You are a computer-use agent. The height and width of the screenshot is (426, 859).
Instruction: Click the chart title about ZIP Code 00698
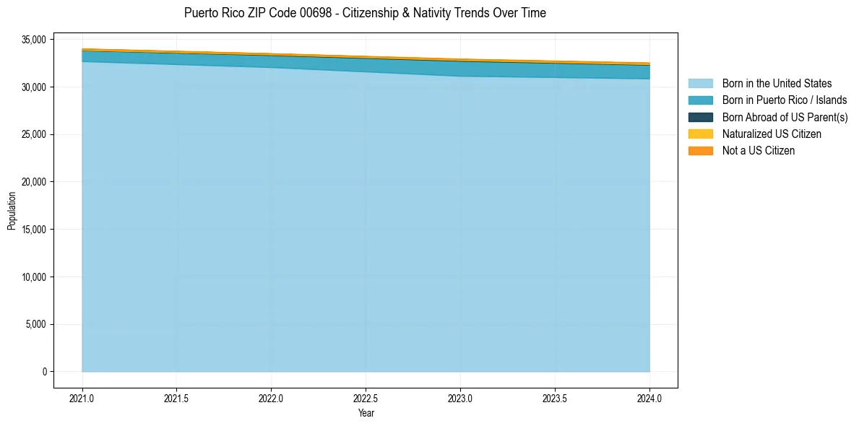365,13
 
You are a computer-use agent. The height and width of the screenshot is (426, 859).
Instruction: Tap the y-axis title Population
12,211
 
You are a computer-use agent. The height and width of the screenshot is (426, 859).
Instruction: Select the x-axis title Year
366,414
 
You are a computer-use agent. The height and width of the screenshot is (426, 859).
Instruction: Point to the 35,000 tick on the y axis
34,39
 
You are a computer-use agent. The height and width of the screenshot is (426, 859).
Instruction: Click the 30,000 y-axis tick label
34,87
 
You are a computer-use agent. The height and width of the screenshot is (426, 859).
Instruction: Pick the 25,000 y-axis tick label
34,134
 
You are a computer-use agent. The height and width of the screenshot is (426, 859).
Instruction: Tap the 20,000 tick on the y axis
34,182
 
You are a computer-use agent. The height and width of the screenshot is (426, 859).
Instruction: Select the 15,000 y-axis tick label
34,230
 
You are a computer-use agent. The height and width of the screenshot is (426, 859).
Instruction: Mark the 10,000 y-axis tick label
34,277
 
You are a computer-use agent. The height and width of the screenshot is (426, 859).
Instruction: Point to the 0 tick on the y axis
44,372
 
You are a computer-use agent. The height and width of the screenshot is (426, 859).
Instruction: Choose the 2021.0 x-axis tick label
82,398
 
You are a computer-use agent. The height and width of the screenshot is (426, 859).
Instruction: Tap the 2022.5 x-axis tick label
366,398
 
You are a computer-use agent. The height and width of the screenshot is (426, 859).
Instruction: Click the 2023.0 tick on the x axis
460,398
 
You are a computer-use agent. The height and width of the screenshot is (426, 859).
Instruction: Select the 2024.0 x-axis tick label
649,398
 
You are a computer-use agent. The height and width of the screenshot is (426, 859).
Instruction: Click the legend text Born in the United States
777,84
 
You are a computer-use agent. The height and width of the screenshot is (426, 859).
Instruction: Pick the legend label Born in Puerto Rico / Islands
785,100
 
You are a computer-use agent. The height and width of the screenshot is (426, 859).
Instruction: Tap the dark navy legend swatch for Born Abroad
700,117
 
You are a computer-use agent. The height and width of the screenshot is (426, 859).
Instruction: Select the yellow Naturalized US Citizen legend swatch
700,134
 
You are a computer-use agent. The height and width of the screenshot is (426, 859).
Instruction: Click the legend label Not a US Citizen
759,151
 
